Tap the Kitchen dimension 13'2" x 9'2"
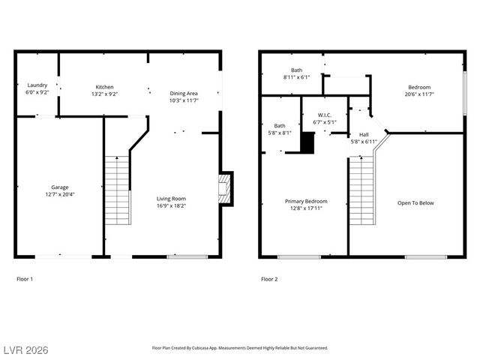[x=104, y=94]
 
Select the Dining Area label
[x=184, y=92]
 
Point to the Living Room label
[x=172, y=198]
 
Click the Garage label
[x=60, y=187]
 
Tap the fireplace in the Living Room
[x=224, y=187]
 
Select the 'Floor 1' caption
[x=25, y=279]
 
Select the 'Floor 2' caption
[x=269, y=279]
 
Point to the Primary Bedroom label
[x=306, y=201]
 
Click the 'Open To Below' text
[x=415, y=202]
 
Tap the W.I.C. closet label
[x=325, y=115]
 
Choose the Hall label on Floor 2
[x=364, y=135]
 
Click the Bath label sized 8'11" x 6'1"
[x=297, y=70]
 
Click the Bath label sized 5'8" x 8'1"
[x=280, y=126]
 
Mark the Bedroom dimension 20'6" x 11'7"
[x=419, y=94]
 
